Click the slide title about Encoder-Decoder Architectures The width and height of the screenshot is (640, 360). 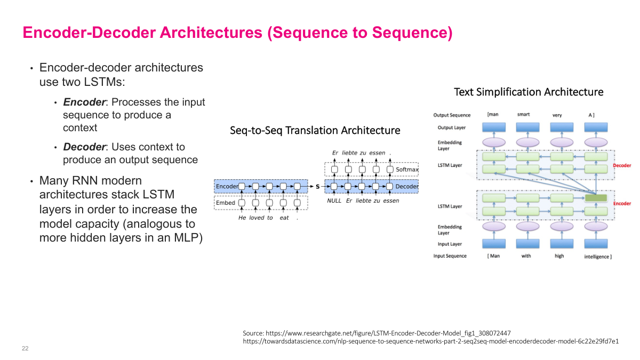pos(237,33)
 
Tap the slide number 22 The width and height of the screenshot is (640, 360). pos(25,348)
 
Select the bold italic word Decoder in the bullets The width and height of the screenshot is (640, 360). pos(83,147)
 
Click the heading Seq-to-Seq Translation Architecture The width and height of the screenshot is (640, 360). pos(315,131)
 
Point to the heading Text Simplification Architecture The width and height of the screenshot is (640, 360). pos(528,92)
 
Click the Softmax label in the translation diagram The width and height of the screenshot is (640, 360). pos(407,170)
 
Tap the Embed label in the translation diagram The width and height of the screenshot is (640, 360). pos(225,203)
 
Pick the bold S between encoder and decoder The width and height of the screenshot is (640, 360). pos(318,187)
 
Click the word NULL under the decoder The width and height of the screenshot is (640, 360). pos(334,201)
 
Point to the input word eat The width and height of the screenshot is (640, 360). pos(284,218)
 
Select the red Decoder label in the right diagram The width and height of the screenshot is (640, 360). pos(622,165)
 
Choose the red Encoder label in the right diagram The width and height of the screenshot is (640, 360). pos(622,204)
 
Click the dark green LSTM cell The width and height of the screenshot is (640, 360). pos(595,198)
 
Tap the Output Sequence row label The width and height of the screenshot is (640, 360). pos(452,115)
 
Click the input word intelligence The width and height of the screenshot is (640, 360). pos(597,257)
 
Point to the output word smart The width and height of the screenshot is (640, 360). pos(523,115)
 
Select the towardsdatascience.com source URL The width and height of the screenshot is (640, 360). pos(430,341)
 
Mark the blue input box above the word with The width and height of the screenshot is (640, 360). pos(526,243)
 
